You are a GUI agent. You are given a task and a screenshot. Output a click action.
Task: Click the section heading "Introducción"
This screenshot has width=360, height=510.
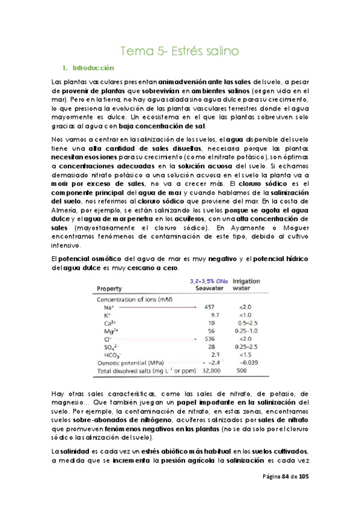(x=93, y=68)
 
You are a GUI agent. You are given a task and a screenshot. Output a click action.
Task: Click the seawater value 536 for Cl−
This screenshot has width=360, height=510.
(x=210, y=339)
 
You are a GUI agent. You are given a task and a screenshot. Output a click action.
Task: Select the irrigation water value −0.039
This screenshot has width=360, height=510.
(x=248, y=363)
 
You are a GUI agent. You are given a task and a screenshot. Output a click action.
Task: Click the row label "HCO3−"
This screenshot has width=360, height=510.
(x=113, y=355)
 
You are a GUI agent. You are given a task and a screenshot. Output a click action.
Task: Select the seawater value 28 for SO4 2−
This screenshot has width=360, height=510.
(x=211, y=347)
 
